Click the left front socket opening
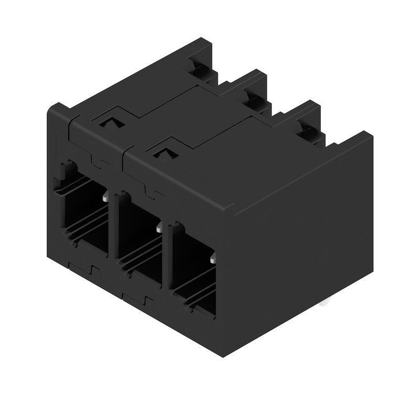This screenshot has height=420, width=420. tap(84, 213)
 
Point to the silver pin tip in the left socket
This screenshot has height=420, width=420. tap(107, 198)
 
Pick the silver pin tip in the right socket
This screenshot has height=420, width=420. tap(213, 260)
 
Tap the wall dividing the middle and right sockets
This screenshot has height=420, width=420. tap(166, 257)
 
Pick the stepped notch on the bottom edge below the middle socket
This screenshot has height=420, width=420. tap(146, 302)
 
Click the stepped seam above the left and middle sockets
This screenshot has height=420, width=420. tap(96, 157)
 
